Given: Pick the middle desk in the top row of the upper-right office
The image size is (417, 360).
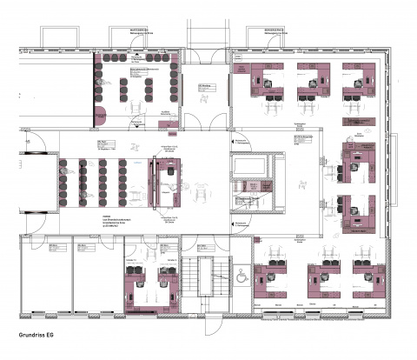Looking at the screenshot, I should tap(310, 78).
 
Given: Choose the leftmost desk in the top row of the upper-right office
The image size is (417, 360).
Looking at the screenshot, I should tap(264, 78).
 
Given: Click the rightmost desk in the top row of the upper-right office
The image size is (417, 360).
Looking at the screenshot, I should tap(357, 78).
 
